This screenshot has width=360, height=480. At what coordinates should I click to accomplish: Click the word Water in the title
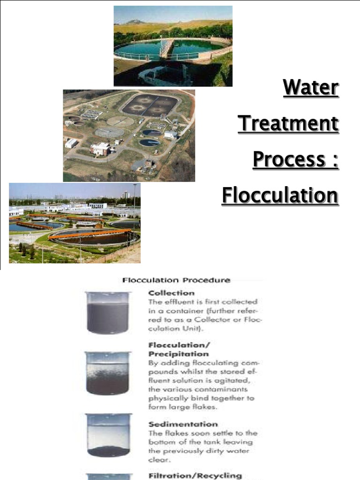(x=310, y=88)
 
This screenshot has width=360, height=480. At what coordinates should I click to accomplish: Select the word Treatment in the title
(x=288, y=124)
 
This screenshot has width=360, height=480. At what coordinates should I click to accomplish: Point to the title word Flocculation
(x=280, y=195)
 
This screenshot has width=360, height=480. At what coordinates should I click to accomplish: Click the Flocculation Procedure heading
(x=176, y=280)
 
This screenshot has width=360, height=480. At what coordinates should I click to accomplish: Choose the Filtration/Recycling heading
(x=195, y=475)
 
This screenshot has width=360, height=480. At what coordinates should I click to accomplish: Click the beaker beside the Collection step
(x=108, y=313)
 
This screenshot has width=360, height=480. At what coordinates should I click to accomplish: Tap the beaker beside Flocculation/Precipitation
(x=107, y=373)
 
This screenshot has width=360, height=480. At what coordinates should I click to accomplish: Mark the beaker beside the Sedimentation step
(x=108, y=435)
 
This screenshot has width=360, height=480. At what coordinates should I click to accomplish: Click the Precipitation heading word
(x=179, y=354)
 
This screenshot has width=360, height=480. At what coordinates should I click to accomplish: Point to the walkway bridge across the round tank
(x=165, y=48)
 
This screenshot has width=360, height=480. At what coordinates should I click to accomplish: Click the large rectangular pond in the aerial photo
(x=150, y=105)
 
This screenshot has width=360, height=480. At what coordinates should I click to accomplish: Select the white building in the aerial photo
(x=100, y=149)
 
